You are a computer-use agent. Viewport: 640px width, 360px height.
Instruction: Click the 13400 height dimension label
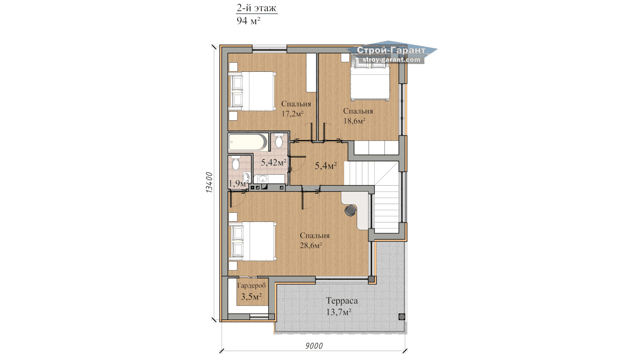point(209,182)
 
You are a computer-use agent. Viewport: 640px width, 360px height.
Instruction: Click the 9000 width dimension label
point(314,346)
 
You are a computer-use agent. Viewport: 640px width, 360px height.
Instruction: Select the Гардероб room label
point(252,286)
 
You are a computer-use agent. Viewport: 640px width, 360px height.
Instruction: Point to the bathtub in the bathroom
point(248,142)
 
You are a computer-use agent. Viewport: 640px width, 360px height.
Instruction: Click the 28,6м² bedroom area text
point(311,246)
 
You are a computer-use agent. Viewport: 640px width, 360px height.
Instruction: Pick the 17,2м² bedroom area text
point(292,114)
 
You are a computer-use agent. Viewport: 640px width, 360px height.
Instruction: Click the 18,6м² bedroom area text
point(354,121)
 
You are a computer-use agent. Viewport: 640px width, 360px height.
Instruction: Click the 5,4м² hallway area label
point(326,166)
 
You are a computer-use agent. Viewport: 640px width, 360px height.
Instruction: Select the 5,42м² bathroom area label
point(274,163)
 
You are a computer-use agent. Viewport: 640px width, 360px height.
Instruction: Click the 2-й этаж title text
point(256,8)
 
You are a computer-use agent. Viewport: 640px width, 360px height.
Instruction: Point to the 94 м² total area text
point(248,21)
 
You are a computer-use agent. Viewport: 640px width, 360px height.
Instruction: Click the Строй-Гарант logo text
point(391,50)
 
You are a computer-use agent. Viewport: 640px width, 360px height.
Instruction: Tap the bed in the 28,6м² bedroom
point(252,241)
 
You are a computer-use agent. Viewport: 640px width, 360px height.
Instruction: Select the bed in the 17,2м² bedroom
point(252,91)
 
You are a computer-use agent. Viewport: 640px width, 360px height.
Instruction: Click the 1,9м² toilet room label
point(238,183)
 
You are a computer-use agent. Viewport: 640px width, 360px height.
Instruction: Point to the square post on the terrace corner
point(402,317)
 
